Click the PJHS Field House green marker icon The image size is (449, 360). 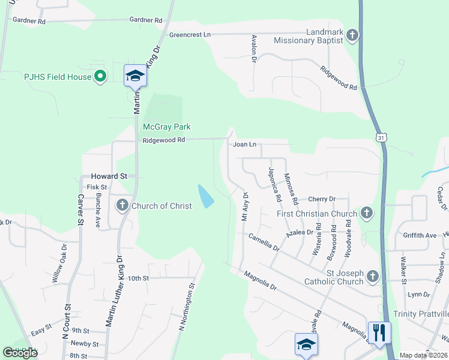pyautogui.click(x=101, y=77)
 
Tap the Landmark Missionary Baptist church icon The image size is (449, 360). pyautogui.click(x=352, y=35)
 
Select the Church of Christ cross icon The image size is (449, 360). pyautogui.click(x=122, y=206)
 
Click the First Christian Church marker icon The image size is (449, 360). pyautogui.click(x=366, y=213)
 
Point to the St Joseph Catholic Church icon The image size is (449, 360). pyautogui.click(x=373, y=276)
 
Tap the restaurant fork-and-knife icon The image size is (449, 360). pyautogui.click(x=379, y=332)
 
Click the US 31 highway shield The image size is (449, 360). pyautogui.click(x=382, y=138)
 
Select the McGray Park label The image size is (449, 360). pyautogui.click(x=166, y=127)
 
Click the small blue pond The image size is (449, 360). pyautogui.click(x=205, y=196)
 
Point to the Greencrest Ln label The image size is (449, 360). pyautogui.click(x=190, y=35)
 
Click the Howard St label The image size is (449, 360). pyautogui.click(x=109, y=176)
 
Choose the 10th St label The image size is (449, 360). pyautogui.click(x=137, y=278)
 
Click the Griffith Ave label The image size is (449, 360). pyautogui.click(x=420, y=236)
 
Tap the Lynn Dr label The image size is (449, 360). pyautogui.click(x=418, y=295)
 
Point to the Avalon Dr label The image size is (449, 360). pyautogui.click(x=254, y=49)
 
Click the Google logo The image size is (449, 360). pyautogui.click(x=20, y=353)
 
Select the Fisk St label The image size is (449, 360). pyautogui.click(x=97, y=187)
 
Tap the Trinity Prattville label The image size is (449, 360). pyautogui.click(x=421, y=314)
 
